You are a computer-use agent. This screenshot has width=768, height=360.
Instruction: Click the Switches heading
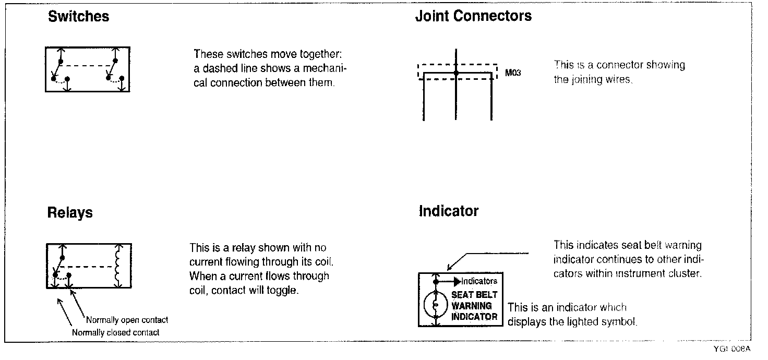(x=78, y=17)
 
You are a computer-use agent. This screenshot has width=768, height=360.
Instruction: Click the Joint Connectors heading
(x=473, y=16)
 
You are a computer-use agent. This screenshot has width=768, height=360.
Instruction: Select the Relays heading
(x=70, y=213)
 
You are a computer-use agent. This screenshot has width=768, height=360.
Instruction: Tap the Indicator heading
(x=449, y=211)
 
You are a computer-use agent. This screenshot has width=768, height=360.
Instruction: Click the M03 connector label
(x=513, y=74)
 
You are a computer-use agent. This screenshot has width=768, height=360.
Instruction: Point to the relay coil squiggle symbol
(x=118, y=266)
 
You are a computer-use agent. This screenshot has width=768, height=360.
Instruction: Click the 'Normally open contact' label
(x=127, y=320)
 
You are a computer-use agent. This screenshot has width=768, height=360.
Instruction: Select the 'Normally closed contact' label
(x=115, y=332)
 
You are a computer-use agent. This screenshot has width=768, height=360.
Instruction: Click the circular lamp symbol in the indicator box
(x=435, y=306)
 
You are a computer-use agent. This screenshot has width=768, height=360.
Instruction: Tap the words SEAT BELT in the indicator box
(x=474, y=295)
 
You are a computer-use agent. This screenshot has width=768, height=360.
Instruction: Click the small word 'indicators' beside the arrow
(x=479, y=282)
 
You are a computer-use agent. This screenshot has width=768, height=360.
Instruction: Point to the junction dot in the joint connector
(x=456, y=74)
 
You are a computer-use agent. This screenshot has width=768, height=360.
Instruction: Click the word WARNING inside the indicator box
(x=472, y=306)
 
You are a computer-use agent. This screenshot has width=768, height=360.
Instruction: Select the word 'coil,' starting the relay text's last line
(x=199, y=291)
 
